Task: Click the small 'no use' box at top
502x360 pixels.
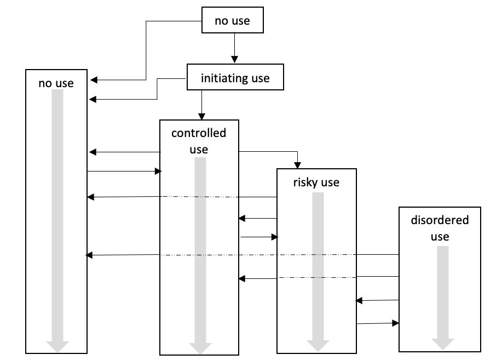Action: (x=233, y=20)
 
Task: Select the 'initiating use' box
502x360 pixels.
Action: (x=235, y=77)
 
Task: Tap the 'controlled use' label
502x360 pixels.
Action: (x=199, y=141)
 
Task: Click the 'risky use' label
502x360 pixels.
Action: (x=316, y=182)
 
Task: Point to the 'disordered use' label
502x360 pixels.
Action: (x=440, y=228)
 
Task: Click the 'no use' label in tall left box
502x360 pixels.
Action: (x=56, y=83)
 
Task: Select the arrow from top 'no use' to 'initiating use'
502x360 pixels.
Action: (x=234, y=48)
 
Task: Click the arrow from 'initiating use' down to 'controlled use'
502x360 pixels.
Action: (x=201, y=105)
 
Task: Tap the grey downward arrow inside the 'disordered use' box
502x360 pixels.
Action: (x=443, y=298)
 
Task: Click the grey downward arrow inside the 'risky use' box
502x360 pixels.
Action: (x=318, y=272)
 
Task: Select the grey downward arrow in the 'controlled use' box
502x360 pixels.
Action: (x=200, y=255)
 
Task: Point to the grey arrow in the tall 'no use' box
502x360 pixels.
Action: (x=57, y=221)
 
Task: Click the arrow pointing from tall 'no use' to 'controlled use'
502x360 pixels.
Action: (x=124, y=171)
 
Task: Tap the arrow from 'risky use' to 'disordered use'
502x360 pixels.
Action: (x=378, y=323)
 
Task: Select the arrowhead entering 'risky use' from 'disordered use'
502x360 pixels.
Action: (x=359, y=301)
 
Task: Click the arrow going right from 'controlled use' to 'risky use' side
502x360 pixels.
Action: (x=259, y=237)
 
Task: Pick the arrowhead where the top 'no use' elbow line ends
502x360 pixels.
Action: (x=94, y=80)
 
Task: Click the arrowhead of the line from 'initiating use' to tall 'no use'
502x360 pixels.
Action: (x=93, y=99)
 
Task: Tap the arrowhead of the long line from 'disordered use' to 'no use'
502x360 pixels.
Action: (x=89, y=255)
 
